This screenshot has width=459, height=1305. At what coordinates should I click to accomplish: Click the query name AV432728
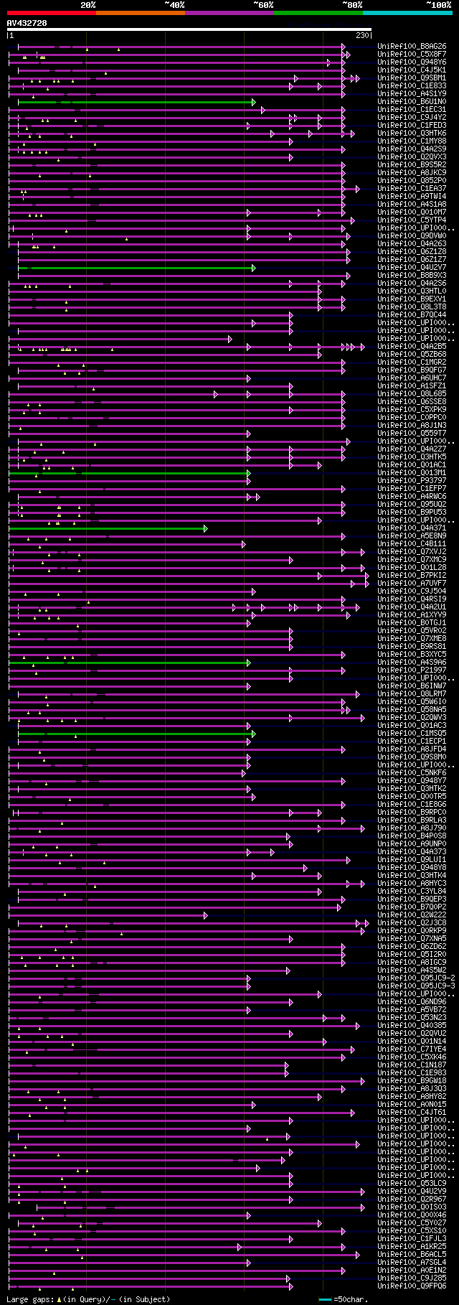coord(27,23)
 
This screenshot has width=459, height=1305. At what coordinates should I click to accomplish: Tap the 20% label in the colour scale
coord(88,5)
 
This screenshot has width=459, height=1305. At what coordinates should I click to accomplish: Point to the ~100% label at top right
coord(438,5)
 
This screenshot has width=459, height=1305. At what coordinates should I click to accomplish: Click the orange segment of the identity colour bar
coord(140,13)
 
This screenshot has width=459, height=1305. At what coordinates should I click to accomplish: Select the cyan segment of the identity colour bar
coord(407,13)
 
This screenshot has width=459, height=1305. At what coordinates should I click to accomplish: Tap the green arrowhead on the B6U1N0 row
coord(254,102)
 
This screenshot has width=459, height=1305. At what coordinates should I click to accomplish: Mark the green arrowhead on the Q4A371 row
coord(206,528)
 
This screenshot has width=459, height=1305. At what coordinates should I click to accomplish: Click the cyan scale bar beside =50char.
coord(326,1300)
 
